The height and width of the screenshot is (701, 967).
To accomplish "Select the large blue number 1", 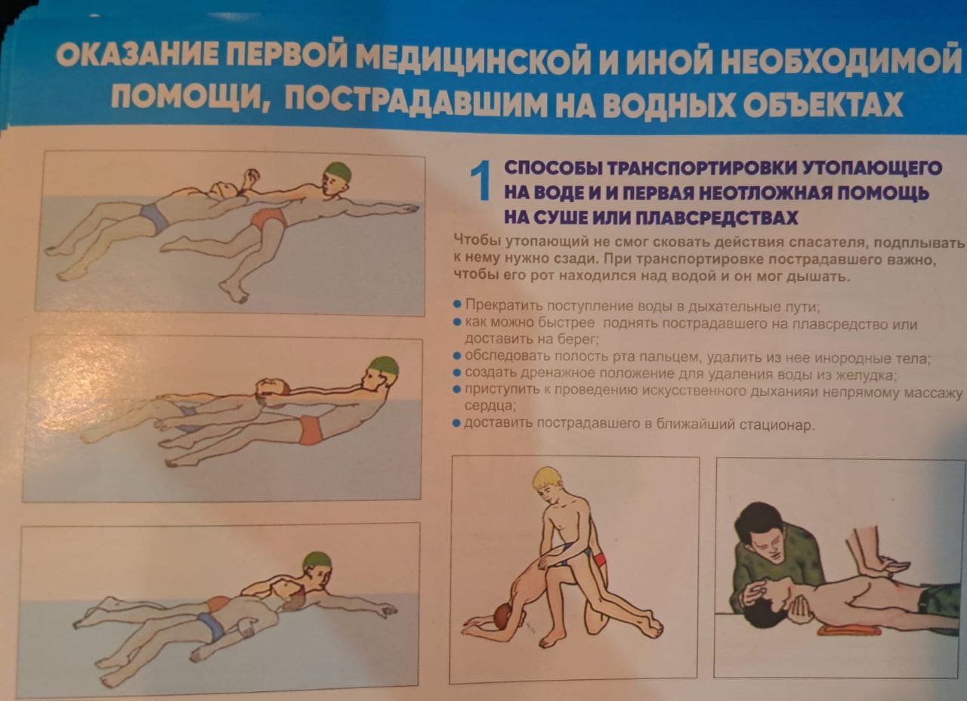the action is pos(480,181).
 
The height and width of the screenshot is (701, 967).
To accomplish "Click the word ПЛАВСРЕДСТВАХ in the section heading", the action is pos(717,218).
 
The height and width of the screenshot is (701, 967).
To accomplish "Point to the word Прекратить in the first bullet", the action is pos(504,306).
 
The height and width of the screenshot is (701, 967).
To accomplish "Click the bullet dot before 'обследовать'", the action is pos(457,356).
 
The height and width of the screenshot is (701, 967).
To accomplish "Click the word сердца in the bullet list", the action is pos(490,406).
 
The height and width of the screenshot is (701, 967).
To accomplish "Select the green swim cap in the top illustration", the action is pos(338,171).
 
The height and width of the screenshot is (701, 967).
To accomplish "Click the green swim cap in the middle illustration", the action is pos(385,367).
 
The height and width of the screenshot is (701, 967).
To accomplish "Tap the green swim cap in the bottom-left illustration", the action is pos(317,561).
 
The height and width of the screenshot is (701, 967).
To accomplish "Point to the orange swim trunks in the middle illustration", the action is pos(310,430).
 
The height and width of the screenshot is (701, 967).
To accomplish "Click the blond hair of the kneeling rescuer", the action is pos(548,477).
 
